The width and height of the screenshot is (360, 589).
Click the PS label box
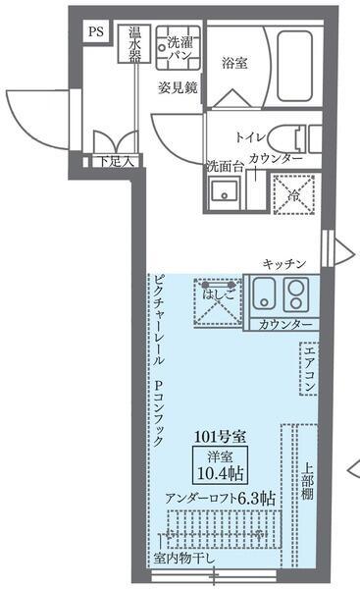pos(97,31)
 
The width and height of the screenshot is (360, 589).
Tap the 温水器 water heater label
pos(135,43)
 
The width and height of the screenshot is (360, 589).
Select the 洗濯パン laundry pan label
pos(180,49)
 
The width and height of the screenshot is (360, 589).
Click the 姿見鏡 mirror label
pos(179,86)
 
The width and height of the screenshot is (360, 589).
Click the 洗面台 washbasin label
pos(225,165)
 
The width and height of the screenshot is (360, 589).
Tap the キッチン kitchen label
pos(285,263)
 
